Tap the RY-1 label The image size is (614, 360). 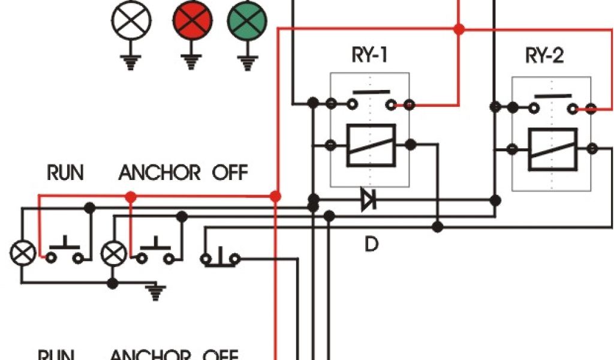[x=369, y=56]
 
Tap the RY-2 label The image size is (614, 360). [x=544, y=56]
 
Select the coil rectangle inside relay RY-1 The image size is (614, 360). [x=371, y=146]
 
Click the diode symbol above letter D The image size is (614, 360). [x=368, y=199]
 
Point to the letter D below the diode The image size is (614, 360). [x=371, y=245]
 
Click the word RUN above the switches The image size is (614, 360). [x=65, y=173]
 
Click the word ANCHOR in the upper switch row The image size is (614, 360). [x=159, y=173]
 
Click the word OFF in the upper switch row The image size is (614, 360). [x=230, y=173]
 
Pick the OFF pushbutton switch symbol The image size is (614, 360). [x=221, y=257]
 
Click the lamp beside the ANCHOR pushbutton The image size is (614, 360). [x=112, y=254]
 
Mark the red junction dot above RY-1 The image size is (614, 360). [x=459, y=28]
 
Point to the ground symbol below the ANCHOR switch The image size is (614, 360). [x=156, y=292]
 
